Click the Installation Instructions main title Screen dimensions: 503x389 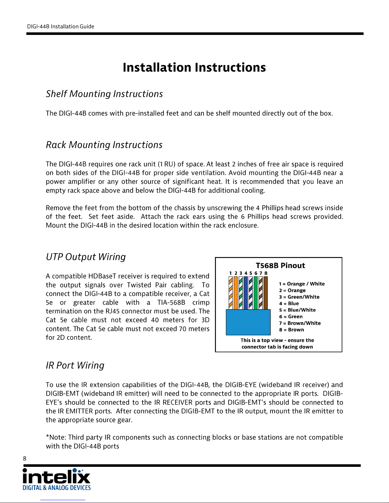pyautogui.click(x=194, y=68)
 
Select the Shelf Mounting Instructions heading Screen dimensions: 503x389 pyautogui.click(x=104, y=94)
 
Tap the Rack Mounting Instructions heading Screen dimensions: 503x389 pyautogui.click(x=104, y=145)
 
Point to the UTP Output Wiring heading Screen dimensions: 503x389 pyautogui.click(x=86, y=257)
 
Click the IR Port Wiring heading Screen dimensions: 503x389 pyautogui.click(x=75, y=365)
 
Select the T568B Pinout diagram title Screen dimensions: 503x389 pyautogui.click(x=280, y=266)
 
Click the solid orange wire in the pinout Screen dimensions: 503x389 pyautogui.click(x=236, y=293)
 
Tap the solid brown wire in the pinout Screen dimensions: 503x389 pyautogui.click(x=265, y=293)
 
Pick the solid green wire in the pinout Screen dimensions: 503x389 pyautogui.click(x=256, y=293)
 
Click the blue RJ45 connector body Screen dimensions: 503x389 pyautogui.click(x=248, y=322)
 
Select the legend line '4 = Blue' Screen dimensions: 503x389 pyautogui.click(x=289, y=303)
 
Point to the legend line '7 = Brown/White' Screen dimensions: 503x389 pyautogui.click(x=300, y=323)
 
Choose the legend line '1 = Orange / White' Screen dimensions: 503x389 pyautogui.click(x=302, y=284)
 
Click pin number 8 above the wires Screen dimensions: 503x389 pyautogui.click(x=266, y=273)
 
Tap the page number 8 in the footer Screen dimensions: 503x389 pyautogui.click(x=25, y=458)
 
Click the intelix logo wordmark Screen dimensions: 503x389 pyautogui.click(x=57, y=477)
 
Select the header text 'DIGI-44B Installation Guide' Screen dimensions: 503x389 pyautogui.click(x=60, y=26)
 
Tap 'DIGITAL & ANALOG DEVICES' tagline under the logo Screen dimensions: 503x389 pyautogui.click(x=57, y=488)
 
